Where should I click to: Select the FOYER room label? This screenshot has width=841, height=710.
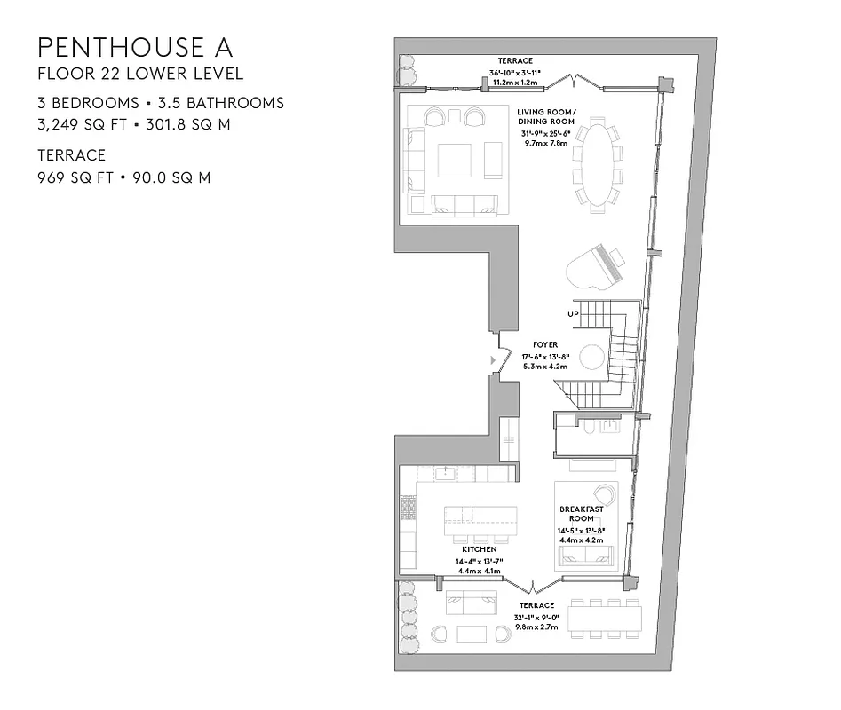click(x=544, y=343)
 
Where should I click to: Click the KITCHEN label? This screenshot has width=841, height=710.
click(x=479, y=550)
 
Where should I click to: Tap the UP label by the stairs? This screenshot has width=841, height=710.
click(x=573, y=314)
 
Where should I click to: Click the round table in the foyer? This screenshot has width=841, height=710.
click(x=592, y=358)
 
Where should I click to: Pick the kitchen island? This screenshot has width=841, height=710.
click(x=480, y=518)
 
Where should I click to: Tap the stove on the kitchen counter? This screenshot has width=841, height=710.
click(x=409, y=509)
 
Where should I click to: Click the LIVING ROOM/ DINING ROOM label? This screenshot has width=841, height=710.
click(x=547, y=116)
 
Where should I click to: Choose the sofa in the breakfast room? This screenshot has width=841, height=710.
click(x=585, y=556)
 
